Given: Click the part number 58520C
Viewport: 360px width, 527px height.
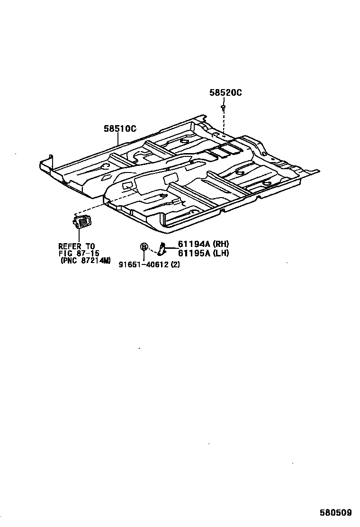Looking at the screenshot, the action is coord(225,93).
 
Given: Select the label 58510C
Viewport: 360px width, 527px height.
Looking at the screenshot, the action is coord(120,128).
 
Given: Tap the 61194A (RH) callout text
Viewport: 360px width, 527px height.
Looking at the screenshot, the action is coord(203,244).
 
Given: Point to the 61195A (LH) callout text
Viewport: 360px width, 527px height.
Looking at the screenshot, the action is coord(203,253).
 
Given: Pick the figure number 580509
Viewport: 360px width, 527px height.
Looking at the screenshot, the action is coord(335,513).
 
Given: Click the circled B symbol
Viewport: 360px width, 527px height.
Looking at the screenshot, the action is coord(144,246).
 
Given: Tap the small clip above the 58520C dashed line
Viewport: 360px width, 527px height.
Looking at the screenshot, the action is coord(223,109).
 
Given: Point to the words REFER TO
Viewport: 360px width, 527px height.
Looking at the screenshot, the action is coord(76,246).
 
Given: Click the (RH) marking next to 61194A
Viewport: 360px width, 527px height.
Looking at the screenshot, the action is coord(221,244).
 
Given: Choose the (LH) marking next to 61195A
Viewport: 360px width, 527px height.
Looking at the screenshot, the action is coord(221,253).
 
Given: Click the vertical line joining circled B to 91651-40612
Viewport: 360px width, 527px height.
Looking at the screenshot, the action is coord(144,255).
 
